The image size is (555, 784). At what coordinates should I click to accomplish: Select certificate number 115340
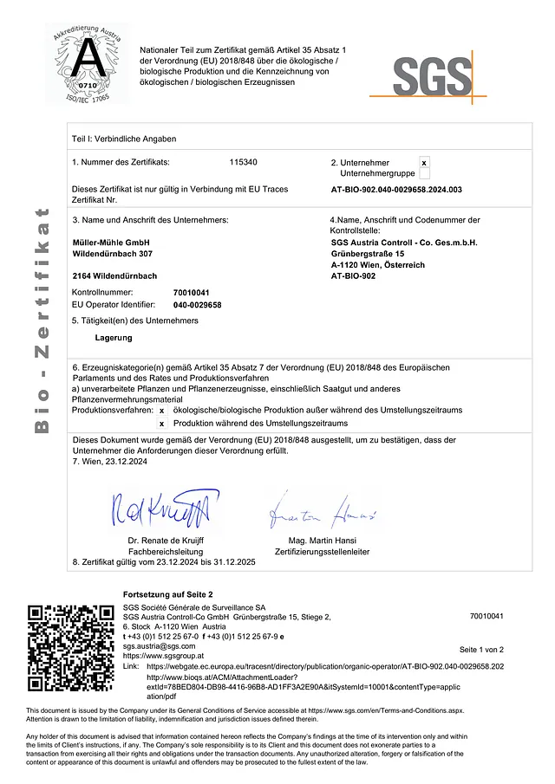243,162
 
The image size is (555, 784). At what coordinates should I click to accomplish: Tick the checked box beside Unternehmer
423,162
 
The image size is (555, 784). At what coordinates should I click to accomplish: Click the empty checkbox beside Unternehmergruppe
423,173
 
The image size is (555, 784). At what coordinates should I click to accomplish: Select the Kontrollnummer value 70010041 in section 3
191,293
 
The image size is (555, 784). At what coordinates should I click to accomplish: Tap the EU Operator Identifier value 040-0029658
197,305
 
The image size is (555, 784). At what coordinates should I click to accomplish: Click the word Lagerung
113,337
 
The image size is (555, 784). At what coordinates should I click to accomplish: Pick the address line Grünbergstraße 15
368,253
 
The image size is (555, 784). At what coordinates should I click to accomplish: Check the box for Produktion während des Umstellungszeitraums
161,424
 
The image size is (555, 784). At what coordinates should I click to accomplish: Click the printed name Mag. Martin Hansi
322,541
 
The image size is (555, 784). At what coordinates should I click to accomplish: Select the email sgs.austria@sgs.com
159,646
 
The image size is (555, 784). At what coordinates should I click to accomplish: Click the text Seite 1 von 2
480,649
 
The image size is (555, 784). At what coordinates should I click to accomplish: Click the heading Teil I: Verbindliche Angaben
124,139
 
